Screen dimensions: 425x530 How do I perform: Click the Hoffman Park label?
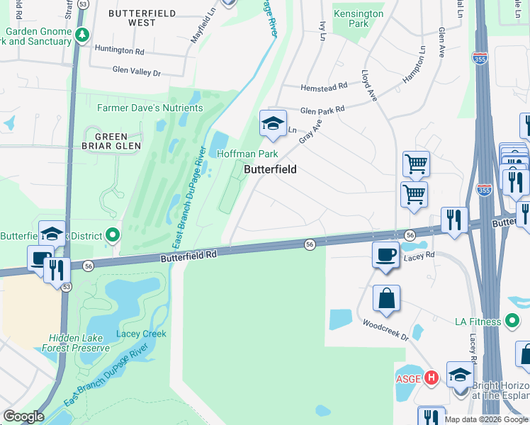(x=247, y=154)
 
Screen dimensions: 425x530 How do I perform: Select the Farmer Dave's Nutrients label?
(x=150, y=108)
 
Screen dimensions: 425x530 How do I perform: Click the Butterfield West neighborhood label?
(x=132, y=18)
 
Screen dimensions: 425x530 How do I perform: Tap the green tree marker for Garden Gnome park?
(x=83, y=34)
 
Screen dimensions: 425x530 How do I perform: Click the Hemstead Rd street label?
(x=324, y=86)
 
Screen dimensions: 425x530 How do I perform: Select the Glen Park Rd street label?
(x=322, y=110)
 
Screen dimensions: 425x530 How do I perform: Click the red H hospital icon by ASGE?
(x=432, y=378)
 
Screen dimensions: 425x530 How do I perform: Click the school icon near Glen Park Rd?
(x=273, y=123)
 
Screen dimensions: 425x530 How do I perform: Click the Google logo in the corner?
(x=23, y=416)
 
